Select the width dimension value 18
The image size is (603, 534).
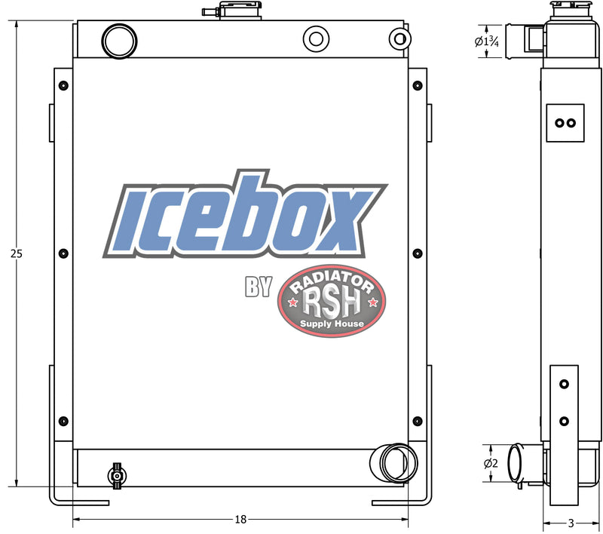click(240, 520)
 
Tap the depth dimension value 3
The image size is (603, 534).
click(571, 523)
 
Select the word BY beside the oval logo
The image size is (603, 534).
click(258, 287)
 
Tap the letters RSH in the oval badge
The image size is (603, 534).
click(332, 303)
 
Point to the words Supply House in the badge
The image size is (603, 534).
click(332, 324)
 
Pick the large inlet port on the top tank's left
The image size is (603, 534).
click(119, 41)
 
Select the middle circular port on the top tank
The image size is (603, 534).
click(315, 39)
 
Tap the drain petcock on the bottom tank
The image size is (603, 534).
click(116, 475)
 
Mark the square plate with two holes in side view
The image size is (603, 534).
click(565, 123)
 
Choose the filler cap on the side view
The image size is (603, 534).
click(568, 11)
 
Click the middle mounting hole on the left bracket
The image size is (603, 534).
click(63, 253)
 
